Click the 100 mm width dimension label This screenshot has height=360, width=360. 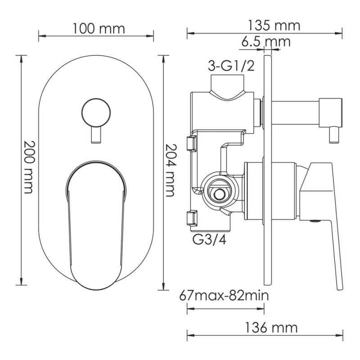pyautogui.click(x=98, y=29)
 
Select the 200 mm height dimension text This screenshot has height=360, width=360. pyautogui.click(x=28, y=167)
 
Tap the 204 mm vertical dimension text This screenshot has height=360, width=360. pyautogui.click(x=169, y=170)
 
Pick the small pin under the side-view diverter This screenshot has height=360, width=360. pyautogui.click(x=334, y=135)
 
